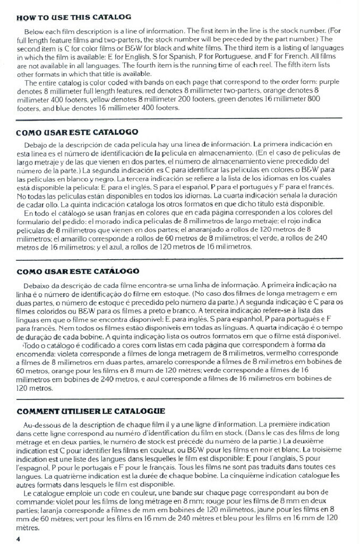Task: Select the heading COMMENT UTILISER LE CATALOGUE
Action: point(91,411)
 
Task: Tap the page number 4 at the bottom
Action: point(19,539)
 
